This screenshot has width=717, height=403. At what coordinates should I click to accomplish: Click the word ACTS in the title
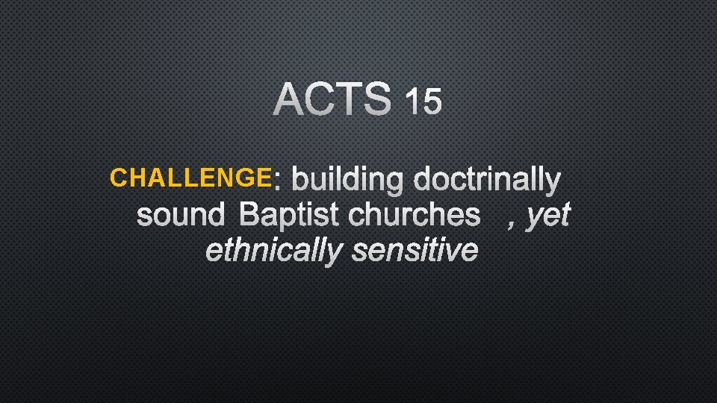[x=333, y=100]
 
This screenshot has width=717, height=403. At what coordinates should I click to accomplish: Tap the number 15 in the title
[x=423, y=101]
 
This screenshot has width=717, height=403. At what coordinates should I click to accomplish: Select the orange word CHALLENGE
[x=190, y=178]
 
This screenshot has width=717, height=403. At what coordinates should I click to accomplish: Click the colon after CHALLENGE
[x=278, y=181]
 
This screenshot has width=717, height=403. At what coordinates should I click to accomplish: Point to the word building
[x=349, y=181]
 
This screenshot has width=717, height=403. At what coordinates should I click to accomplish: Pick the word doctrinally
[x=487, y=181]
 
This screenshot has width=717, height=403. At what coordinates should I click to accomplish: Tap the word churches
[x=415, y=215]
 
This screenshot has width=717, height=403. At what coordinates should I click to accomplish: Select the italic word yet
[x=548, y=216]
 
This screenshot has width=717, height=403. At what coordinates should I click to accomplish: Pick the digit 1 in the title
[x=411, y=101]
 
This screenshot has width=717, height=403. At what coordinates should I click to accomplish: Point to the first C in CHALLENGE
[x=117, y=178]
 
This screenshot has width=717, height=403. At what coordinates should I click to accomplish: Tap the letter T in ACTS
[x=349, y=100]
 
